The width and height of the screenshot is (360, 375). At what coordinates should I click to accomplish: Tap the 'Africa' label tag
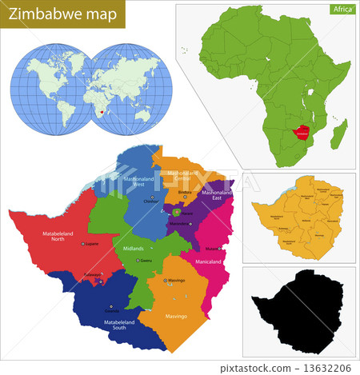click(342, 10)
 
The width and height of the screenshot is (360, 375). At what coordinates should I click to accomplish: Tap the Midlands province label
click(111, 249)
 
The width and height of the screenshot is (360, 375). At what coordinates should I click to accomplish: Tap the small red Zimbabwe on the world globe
click(102, 114)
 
